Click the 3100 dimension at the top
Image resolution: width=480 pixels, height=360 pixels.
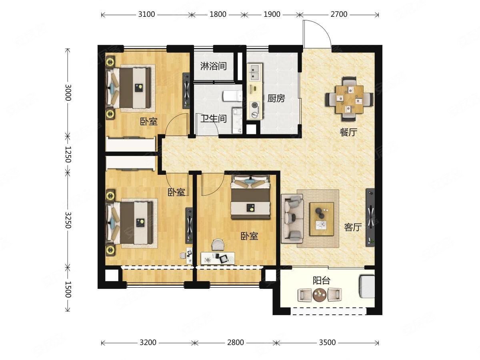click(146, 14)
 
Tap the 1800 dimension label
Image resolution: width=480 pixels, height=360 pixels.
click(218, 14)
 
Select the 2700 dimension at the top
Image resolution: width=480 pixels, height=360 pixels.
click(339, 14)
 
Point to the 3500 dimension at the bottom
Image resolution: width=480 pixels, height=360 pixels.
click(327, 342)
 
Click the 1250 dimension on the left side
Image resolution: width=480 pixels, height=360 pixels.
click(68, 154)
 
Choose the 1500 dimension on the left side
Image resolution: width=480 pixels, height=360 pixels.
click(68, 289)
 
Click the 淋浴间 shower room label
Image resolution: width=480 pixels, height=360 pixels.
click(214, 66)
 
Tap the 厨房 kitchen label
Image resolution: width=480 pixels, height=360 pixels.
click(276, 98)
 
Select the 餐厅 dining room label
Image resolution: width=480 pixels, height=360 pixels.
click(348, 132)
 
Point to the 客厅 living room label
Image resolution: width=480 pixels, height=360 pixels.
click(353, 228)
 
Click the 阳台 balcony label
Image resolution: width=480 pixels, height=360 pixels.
click(321, 280)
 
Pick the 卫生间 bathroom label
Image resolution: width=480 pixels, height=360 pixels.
click(214, 119)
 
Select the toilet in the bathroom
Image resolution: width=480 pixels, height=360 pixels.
click(232, 96)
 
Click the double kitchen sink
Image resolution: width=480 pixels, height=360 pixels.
click(254, 72)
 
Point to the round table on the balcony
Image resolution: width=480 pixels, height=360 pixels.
click(320, 295)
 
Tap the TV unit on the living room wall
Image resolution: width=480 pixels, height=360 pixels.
click(370, 218)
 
